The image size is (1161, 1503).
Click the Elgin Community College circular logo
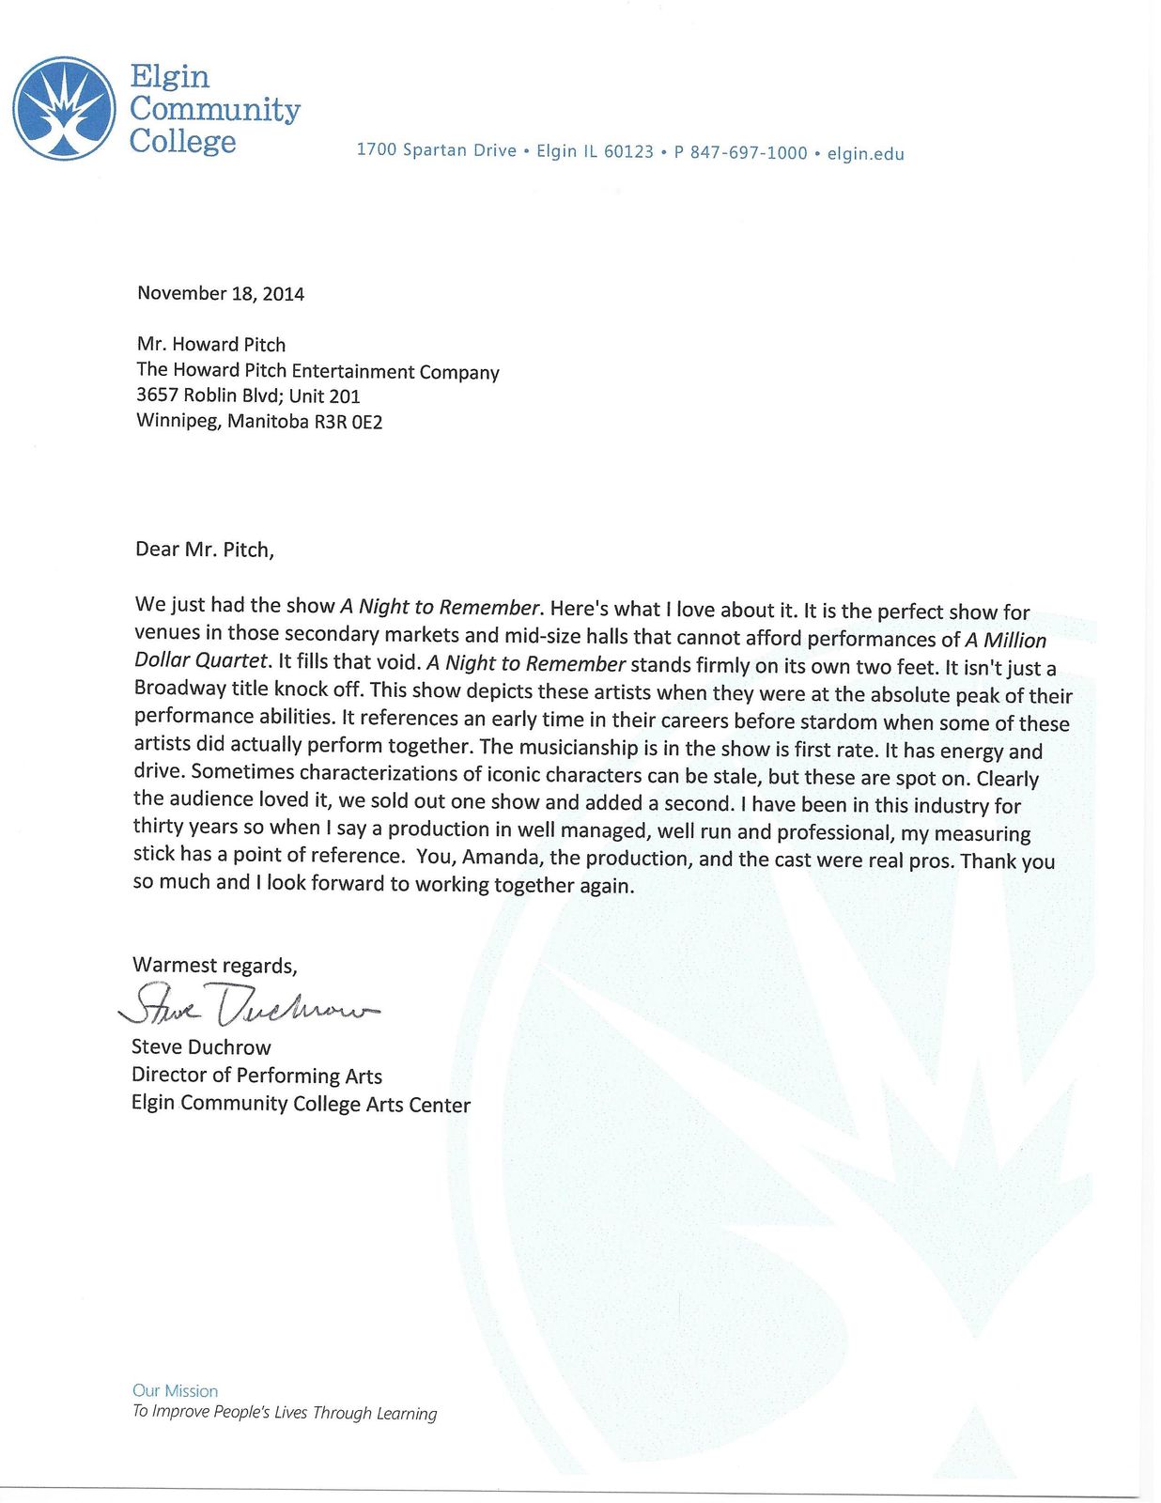64,108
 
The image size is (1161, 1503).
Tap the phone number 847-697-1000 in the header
749,153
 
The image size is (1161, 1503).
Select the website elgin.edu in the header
865,154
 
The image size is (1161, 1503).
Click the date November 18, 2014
221,293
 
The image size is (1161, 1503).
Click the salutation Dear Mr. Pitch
205,550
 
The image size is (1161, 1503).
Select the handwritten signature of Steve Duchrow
249,1006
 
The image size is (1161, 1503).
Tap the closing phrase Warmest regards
215,965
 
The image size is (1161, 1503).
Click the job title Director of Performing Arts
256,1076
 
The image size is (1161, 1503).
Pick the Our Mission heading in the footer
175,1390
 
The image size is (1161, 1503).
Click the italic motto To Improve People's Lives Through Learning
285,1413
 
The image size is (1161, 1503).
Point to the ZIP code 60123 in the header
628,152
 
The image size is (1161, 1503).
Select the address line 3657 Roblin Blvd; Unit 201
248,395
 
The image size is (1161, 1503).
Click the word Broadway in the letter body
179,688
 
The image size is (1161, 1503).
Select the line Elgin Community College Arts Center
301,1104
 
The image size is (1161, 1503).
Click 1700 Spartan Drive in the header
437,150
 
